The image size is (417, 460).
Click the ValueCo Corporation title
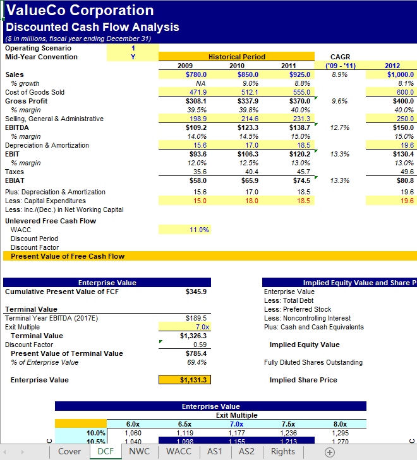tap(80, 11)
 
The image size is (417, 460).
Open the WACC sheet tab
tap(179, 452)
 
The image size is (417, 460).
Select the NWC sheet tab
tap(139, 452)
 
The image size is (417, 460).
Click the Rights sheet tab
tap(282, 452)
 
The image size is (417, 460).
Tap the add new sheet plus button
tap(329, 452)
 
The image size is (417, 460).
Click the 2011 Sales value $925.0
tap(300, 74)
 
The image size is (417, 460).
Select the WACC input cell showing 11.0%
tap(199, 230)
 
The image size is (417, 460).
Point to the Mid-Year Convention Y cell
tap(133, 57)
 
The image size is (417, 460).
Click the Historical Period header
tap(237, 57)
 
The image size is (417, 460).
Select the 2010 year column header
tap(237, 66)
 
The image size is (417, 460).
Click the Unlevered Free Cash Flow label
tap(51, 221)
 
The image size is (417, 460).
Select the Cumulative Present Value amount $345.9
tap(196, 292)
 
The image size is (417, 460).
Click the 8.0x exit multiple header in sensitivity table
tap(340, 424)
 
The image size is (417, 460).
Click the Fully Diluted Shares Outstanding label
tap(313, 362)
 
